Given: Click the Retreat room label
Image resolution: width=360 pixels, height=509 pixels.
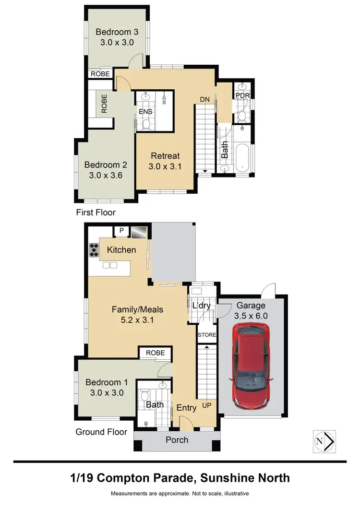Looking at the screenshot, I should (165, 155).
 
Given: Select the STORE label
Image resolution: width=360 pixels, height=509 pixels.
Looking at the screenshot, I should (207, 335).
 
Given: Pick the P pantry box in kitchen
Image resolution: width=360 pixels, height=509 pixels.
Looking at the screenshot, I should (121, 231).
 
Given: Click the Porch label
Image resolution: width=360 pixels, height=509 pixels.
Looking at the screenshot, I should (177, 439).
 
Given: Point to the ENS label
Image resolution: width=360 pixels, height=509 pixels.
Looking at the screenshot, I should (145, 111).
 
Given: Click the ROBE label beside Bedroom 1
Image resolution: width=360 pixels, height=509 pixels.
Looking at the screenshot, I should (155, 353).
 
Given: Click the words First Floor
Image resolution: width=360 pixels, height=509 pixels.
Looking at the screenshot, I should (96, 212).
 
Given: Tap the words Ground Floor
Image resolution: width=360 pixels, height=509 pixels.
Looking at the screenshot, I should (101, 432).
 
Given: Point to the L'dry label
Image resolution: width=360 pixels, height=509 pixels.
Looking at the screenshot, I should (201, 305).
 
